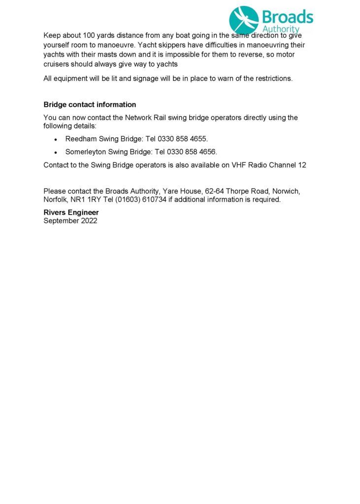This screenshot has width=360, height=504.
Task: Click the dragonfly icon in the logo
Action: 244,20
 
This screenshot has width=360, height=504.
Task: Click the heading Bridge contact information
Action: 90,105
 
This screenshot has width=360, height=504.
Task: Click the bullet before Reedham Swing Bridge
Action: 56,140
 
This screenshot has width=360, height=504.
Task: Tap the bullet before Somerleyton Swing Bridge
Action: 56,152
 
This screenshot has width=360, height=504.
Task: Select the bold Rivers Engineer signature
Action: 71,213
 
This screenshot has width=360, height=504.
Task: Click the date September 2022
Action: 70,221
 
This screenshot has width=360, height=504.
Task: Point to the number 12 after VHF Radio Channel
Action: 302,165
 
